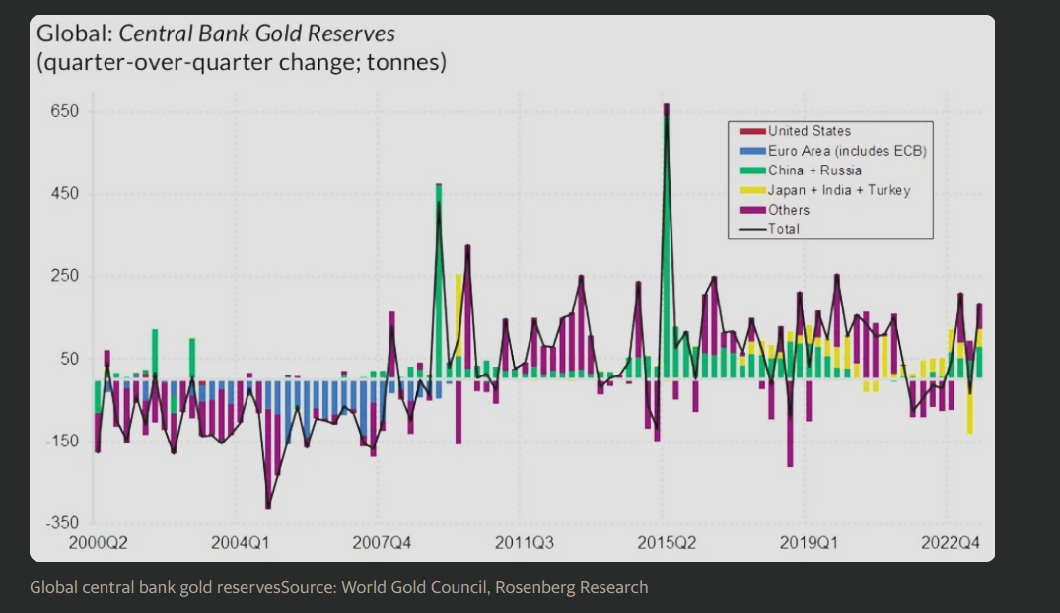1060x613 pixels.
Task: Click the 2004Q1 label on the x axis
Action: coord(240,542)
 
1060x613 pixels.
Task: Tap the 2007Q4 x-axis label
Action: coord(382,542)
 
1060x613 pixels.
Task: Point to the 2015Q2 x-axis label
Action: coord(667,542)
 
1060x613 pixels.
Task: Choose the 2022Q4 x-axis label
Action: coord(950,542)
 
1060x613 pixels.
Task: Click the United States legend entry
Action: coord(809,131)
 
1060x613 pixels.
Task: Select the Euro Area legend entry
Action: coord(846,151)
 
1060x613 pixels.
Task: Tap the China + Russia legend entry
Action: coord(814,170)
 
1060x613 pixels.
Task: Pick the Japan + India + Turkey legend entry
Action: coord(838,190)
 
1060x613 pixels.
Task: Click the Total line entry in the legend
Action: coord(783,229)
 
